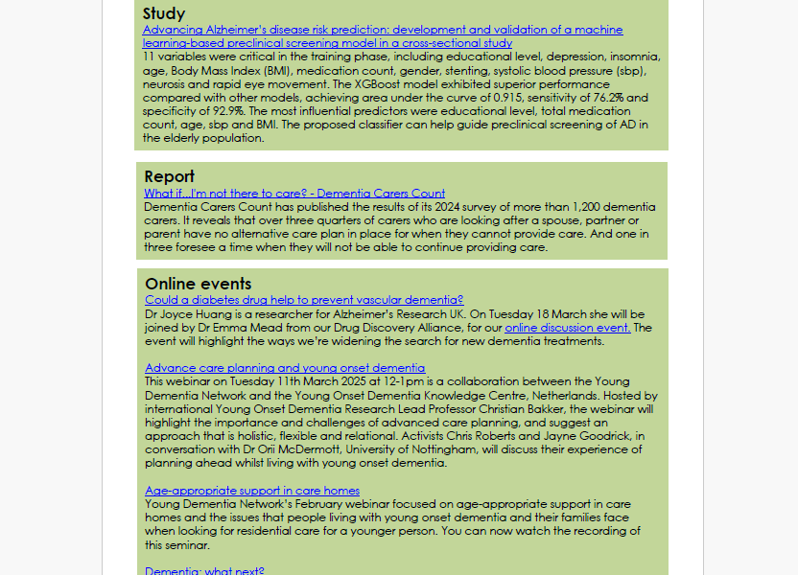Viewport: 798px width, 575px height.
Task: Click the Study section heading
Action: click(x=164, y=13)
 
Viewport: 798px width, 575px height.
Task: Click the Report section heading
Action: click(x=170, y=176)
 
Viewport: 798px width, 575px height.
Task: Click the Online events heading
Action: click(x=199, y=284)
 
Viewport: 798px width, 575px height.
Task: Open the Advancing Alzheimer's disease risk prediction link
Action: click(x=382, y=30)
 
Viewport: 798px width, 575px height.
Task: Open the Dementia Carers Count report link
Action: click(x=294, y=194)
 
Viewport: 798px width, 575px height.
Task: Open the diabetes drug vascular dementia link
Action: click(x=304, y=300)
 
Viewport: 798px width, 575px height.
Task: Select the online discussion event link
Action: click(x=568, y=328)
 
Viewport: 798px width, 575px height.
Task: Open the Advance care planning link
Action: click(x=285, y=368)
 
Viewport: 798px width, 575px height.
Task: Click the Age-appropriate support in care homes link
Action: click(x=252, y=491)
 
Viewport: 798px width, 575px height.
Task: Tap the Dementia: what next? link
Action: click(x=204, y=571)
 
